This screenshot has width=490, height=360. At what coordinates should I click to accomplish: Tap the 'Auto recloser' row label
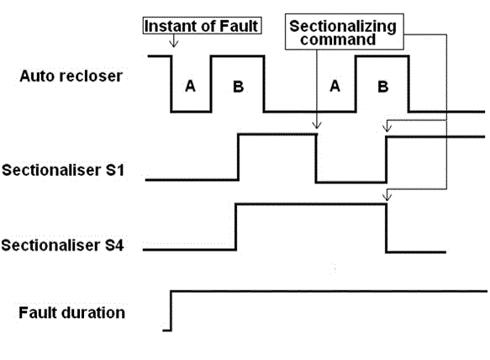coord(71,76)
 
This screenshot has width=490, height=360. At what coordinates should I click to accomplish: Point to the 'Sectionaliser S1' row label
coord(63,170)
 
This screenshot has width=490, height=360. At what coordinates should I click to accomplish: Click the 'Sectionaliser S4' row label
coord(62,246)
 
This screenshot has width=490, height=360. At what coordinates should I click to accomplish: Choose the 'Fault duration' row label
coord(72,313)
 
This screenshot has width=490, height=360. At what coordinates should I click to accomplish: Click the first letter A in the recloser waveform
coord(190,86)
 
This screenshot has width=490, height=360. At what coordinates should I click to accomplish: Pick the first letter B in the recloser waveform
coord(239,87)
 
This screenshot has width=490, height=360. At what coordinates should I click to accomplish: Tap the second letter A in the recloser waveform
coord(335,86)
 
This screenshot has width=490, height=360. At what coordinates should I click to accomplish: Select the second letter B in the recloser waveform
coord(383,87)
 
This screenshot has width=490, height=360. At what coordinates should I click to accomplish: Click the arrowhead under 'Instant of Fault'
coord(173,44)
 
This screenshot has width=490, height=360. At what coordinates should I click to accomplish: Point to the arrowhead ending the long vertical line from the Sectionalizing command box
coord(317,125)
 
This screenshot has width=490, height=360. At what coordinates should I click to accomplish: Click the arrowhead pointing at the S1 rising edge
coord(387,128)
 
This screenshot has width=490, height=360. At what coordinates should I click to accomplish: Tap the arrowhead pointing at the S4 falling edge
coord(387,197)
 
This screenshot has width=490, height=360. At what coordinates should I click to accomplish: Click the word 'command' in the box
coord(338,40)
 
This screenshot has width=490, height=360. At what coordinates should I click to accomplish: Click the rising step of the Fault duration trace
coord(171,310)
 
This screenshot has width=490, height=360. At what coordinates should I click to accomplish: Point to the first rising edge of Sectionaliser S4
coord(236,227)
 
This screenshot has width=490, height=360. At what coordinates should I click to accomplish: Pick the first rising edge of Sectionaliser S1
coord(239,157)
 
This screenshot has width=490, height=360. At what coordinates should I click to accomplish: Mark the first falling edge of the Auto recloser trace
coord(171,84)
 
